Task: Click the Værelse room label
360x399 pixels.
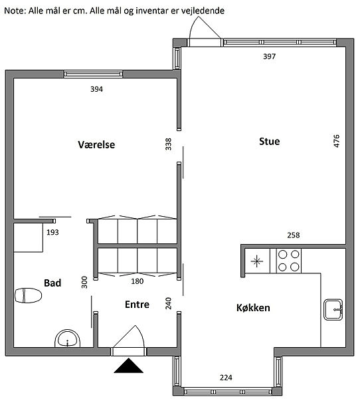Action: pyautogui.click(x=96, y=144)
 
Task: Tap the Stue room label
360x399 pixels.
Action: pyautogui.click(x=269, y=141)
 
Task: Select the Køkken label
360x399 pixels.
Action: pyautogui.click(x=253, y=308)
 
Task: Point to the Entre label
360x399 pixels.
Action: pyautogui.click(x=137, y=305)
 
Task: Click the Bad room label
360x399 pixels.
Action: pyautogui.click(x=52, y=283)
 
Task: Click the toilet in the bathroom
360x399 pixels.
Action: pyautogui.click(x=28, y=295)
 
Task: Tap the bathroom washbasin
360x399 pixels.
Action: pyautogui.click(x=67, y=338)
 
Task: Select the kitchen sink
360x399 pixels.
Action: pyautogui.click(x=333, y=310)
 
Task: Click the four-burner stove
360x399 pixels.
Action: pyautogui.click(x=288, y=261)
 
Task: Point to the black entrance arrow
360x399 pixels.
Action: pyautogui.click(x=128, y=365)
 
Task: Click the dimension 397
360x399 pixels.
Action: pyautogui.click(x=269, y=57)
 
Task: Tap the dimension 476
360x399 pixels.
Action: pyautogui.click(x=336, y=141)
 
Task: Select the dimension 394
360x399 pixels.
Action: pyautogui.click(x=96, y=89)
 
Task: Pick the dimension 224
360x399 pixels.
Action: pyautogui.click(x=226, y=377)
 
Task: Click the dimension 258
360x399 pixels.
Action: pyautogui.click(x=294, y=235)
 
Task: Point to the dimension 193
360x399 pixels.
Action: pyautogui.click(x=52, y=232)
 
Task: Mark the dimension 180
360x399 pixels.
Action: pyautogui.click(x=137, y=281)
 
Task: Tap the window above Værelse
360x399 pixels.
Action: pyautogui.click(x=93, y=74)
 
